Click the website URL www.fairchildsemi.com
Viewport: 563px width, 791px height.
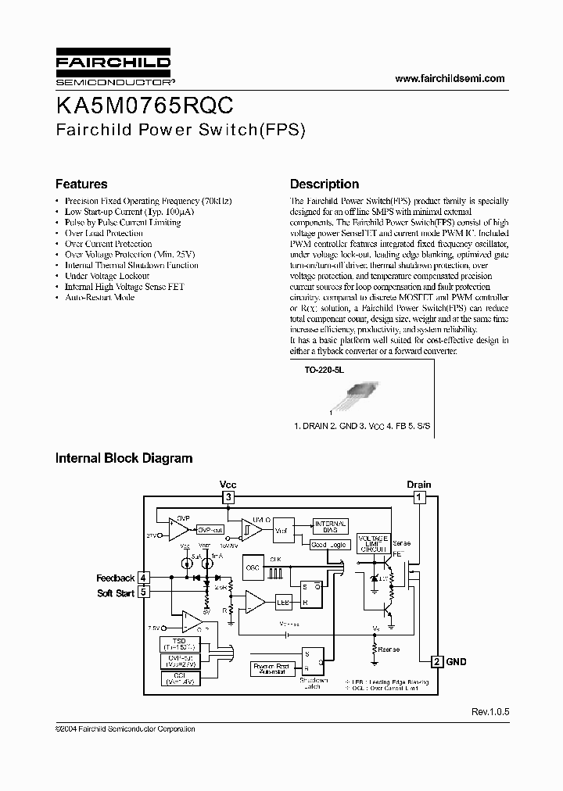(450, 78)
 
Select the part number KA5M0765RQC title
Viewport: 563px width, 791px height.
(144, 106)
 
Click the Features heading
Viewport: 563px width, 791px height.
(81, 184)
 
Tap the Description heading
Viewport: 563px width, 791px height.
(325, 184)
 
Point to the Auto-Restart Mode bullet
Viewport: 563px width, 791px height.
(99, 298)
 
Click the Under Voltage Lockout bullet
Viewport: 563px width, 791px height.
(107, 276)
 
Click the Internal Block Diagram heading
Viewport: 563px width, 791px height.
(124, 458)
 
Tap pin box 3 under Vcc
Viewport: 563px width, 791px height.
(228, 497)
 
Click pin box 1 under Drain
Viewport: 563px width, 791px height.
(418, 497)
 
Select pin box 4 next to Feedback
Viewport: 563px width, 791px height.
(143, 578)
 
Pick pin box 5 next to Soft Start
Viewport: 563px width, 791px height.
(143, 592)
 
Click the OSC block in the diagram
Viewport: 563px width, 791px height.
(253, 568)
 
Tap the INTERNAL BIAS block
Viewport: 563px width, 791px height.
(330, 526)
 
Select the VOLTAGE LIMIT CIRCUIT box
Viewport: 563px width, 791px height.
(372, 544)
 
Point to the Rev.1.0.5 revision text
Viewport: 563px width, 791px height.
(489, 712)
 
